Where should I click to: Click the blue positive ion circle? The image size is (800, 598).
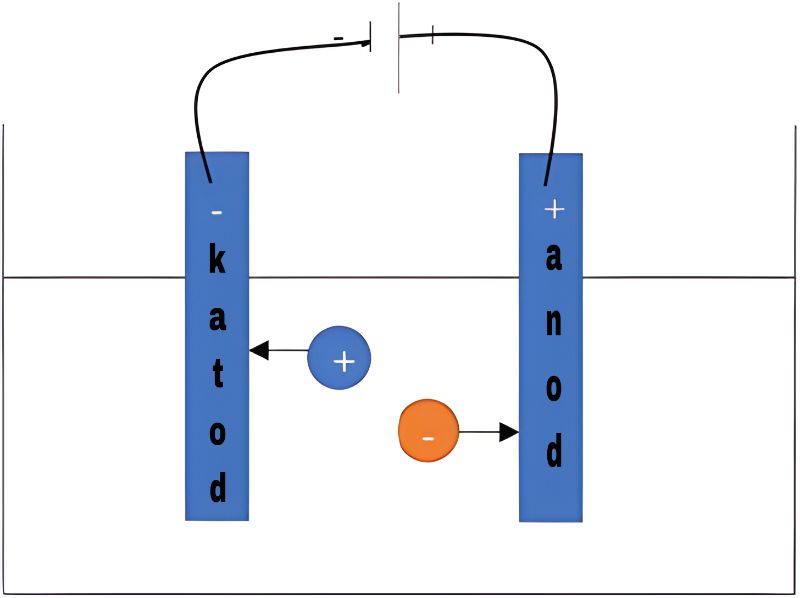point(339,358)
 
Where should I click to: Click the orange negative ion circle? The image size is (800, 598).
point(429,431)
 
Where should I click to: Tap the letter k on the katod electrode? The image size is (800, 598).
point(217,261)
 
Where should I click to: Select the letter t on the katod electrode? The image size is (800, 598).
point(218,375)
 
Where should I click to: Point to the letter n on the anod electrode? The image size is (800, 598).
point(554,321)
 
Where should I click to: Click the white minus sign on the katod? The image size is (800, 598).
point(216,212)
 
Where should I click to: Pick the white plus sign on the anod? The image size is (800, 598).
point(554,209)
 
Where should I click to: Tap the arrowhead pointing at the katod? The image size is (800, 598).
point(259,350)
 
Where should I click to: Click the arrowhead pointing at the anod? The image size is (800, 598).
point(509,432)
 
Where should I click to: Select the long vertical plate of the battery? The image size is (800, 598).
point(398,47)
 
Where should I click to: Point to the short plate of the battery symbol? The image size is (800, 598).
point(370,37)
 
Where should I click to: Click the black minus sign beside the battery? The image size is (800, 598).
point(338,38)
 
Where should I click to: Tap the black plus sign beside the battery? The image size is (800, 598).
point(432,35)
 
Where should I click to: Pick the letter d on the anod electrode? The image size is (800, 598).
point(554,451)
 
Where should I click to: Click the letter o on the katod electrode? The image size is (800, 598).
point(217,434)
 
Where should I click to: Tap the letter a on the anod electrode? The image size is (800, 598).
point(554,257)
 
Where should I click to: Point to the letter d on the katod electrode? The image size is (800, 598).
point(218,487)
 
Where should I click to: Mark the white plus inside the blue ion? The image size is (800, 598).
point(344,361)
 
